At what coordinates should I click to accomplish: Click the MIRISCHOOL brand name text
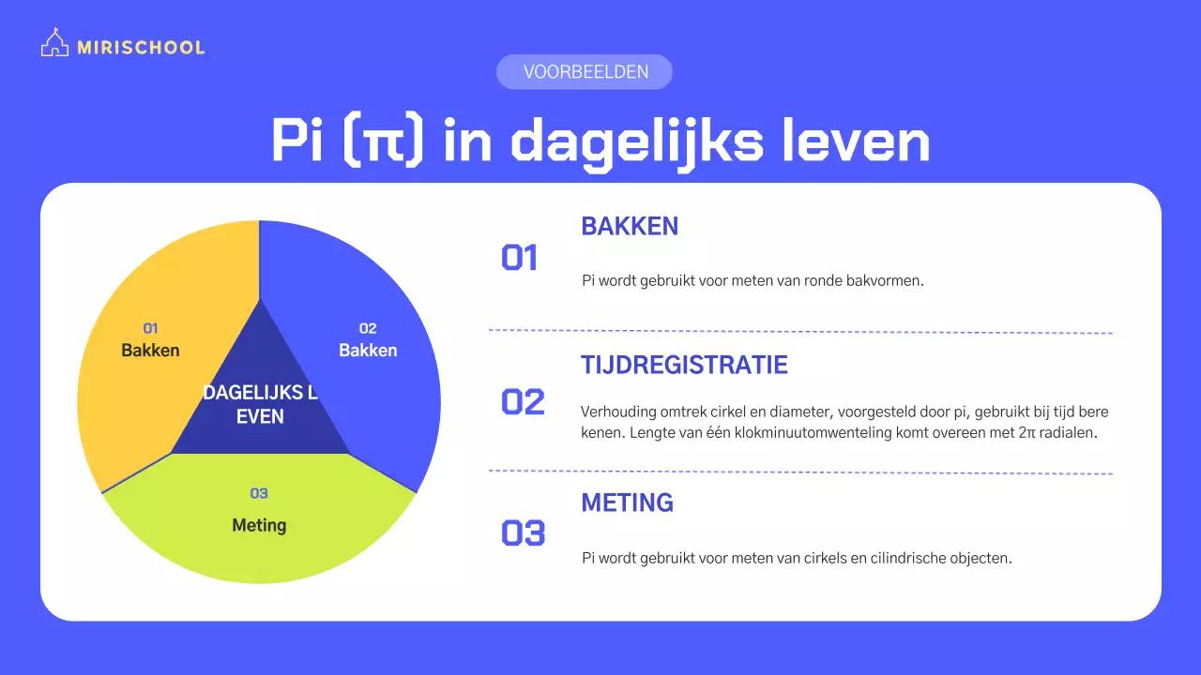tap(141, 47)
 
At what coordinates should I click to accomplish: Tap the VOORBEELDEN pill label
tap(585, 72)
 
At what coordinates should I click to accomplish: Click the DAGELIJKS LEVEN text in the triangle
tap(260, 404)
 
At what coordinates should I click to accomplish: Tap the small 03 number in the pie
tap(259, 493)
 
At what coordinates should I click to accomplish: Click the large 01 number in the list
tap(520, 258)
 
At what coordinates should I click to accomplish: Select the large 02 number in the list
tap(523, 401)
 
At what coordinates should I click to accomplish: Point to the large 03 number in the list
tap(523, 532)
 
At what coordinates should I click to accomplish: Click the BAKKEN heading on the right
tap(630, 226)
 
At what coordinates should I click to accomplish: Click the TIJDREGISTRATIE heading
tap(684, 365)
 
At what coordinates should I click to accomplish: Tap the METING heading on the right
tap(627, 502)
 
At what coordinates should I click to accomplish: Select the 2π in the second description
tap(1027, 434)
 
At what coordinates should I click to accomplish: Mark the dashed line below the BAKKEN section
tap(800, 331)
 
